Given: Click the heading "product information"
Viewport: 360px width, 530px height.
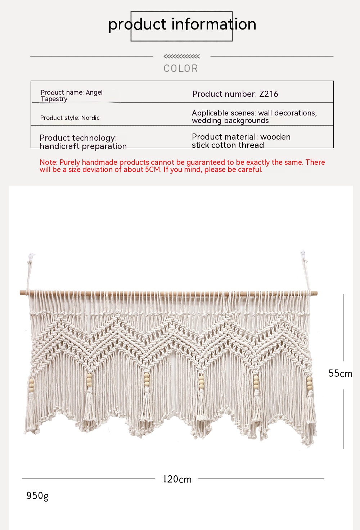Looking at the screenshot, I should (x=182, y=24).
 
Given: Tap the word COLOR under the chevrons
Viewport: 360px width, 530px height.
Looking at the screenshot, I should (x=181, y=68).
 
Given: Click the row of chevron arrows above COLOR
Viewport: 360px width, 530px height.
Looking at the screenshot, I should (x=181, y=56).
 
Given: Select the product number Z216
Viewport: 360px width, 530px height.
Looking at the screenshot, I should (x=269, y=94).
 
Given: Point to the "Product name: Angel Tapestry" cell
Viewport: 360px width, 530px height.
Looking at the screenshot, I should (x=72, y=96).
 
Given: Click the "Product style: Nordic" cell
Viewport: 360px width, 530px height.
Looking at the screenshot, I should (x=70, y=118).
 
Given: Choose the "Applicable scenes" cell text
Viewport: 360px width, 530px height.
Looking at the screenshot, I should (x=254, y=117).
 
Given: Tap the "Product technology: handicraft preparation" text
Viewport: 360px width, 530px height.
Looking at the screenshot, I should (x=83, y=142).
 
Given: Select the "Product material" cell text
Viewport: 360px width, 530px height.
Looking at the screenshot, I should (x=241, y=141).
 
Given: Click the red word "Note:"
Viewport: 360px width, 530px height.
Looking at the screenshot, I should (x=49, y=162).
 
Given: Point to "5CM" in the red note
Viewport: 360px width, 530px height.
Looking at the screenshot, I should (x=153, y=169).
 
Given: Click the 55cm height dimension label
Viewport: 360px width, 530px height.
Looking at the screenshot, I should (x=340, y=373).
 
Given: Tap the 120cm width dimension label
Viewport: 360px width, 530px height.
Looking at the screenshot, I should (x=177, y=479).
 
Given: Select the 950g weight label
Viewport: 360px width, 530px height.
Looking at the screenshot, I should (x=37, y=496).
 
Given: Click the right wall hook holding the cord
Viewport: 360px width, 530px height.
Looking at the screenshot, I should (x=303, y=254).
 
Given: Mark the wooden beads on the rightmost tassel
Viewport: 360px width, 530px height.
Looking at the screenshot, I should (x=309, y=383).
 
